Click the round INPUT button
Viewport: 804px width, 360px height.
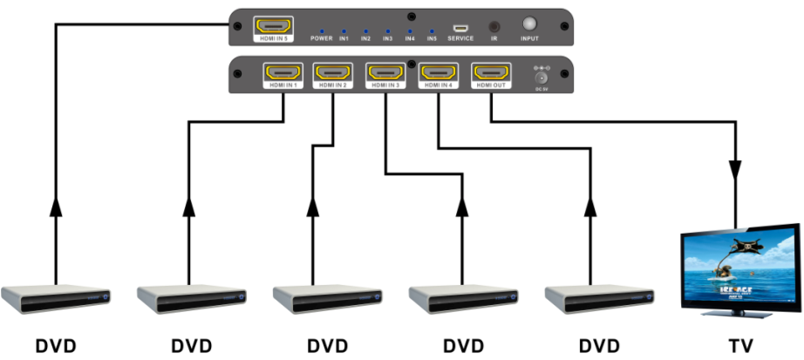pos(529,25)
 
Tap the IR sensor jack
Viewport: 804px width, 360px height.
pos(495,26)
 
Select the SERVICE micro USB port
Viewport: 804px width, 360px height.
pos(460,28)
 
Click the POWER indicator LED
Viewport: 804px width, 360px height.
pos(321,30)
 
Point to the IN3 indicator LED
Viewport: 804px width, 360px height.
pos(387,30)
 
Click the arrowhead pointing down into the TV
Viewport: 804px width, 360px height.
pos(736,168)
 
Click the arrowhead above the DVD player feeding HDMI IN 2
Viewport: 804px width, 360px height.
pos(311,208)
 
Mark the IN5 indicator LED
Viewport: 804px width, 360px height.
pos(431,30)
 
